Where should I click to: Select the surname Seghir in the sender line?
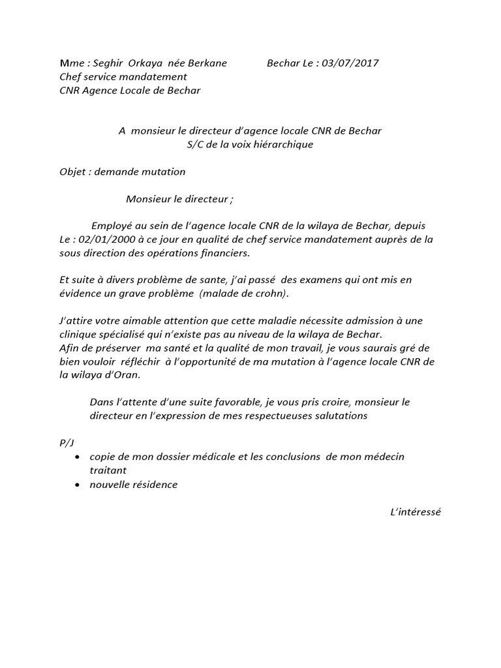(106, 63)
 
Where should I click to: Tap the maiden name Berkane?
(207, 63)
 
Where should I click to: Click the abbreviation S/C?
(196, 144)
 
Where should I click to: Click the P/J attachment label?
(67, 443)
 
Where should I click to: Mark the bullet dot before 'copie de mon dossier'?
(78, 457)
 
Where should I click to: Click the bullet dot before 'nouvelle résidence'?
(78, 485)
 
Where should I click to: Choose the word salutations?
(339, 416)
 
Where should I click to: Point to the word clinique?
(78, 335)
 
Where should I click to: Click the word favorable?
(243, 402)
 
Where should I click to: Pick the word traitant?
(108, 470)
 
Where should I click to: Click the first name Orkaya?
(150, 63)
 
